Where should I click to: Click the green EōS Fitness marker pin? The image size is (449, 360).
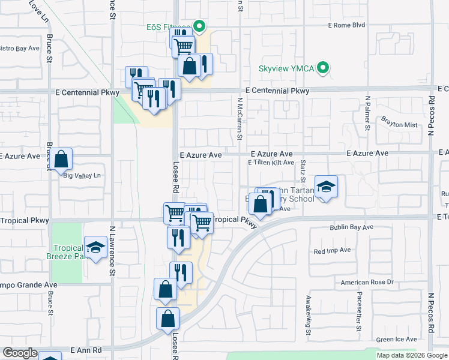click(x=201, y=26)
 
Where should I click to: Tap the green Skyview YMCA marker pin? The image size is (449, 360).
click(x=324, y=68)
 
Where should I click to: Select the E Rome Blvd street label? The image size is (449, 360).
click(x=346, y=25)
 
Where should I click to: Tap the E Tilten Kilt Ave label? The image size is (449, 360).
click(x=271, y=163)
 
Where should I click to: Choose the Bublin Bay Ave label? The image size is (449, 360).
click(x=351, y=227)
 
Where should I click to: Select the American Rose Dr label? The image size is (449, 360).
click(x=375, y=282)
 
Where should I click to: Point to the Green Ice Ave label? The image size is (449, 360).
click(x=393, y=340)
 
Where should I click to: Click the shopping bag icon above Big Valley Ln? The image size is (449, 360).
click(x=61, y=160)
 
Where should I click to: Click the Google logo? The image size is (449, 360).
click(x=20, y=353)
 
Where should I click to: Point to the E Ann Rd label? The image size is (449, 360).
click(x=86, y=349)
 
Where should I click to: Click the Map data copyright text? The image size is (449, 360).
click(x=411, y=355)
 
